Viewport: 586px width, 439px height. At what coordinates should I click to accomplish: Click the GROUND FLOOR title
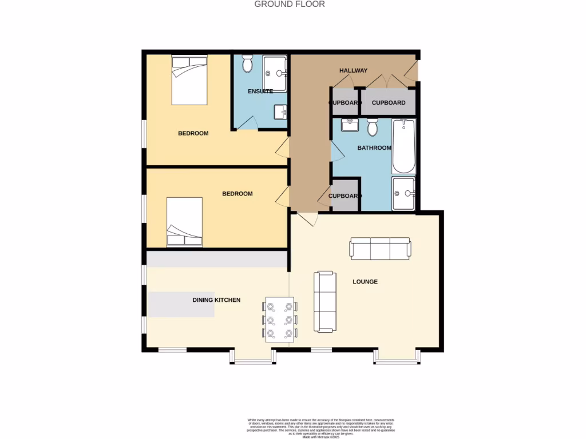click(290, 4)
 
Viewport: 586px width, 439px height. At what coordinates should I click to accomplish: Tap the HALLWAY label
click(353, 71)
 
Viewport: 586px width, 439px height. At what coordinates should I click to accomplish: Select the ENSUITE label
click(260, 91)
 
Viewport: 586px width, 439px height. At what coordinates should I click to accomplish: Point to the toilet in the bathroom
click(373, 127)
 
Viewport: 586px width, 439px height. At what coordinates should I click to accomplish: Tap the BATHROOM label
click(374, 148)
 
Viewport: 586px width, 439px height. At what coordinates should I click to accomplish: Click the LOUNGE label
click(365, 282)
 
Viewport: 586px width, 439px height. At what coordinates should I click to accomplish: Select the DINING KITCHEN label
click(216, 300)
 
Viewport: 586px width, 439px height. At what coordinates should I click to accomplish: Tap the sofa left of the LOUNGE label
click(324, 301)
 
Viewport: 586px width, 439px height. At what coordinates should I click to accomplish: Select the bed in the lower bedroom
click(184, 222)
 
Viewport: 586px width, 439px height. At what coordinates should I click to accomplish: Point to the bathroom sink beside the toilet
click(349, 125)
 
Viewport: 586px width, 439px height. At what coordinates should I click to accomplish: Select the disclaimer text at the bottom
click(321, 428)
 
